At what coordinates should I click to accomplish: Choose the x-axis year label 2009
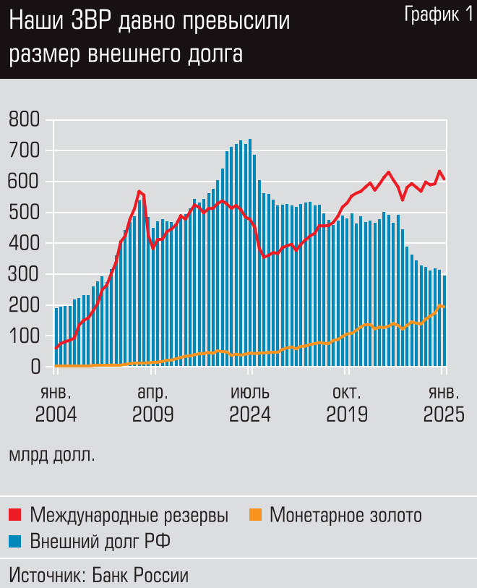[x=152, y=415]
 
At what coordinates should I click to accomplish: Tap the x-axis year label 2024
[x=249, y=415]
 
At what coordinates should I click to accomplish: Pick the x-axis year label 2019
[x=347, y=415]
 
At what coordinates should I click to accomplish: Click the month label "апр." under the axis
[x=152, y=393]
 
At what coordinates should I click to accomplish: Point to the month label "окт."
[x=347, y=393]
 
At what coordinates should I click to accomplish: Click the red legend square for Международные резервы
[x=16, y=515]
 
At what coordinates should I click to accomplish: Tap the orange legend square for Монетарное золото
[x=254, y=515]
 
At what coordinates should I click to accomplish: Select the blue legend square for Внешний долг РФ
[x=16, y=540]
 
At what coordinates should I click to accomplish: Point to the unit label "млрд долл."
[x=51, y=456]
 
